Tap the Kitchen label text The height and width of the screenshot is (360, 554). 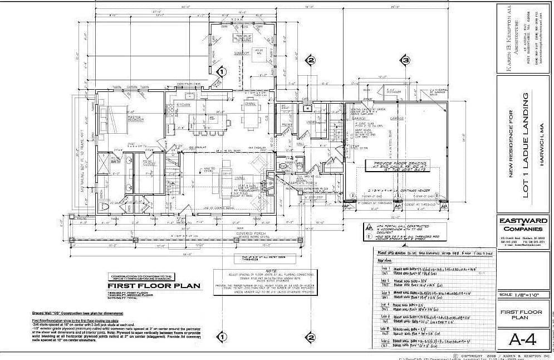click(184, 104)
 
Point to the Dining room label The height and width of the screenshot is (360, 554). click(251, 104)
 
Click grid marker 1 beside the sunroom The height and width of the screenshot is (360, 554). click(221, 72)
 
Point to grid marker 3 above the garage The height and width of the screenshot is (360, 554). click(406, 60)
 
